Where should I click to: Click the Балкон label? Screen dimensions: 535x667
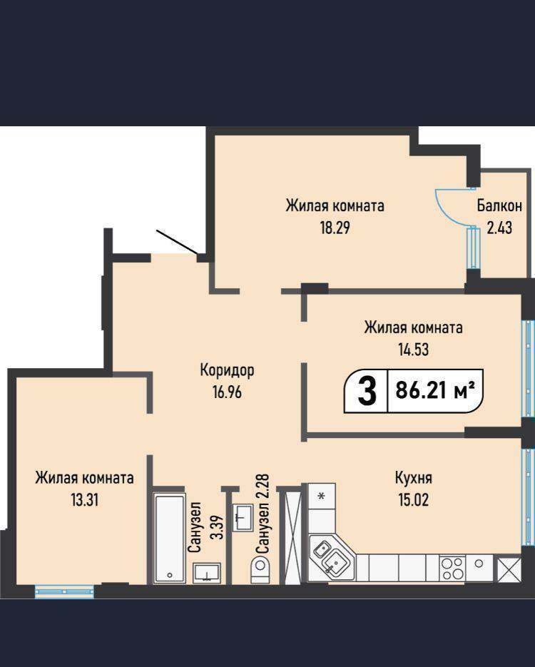pos(499,206)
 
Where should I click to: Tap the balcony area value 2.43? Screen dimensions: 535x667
pos(499,228)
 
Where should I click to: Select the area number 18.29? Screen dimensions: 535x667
pos(335,228)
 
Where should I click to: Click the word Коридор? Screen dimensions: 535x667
pos(227,370)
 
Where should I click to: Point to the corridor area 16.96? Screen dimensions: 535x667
pos(227,392)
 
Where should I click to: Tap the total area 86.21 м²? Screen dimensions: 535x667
pos(435,389)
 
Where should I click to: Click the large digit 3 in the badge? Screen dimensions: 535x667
pos(367,392)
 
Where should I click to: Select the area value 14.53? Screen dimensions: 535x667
pos(413,350)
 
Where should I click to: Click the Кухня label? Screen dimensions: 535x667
pos(413,478)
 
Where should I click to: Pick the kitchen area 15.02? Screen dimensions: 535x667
pos(413,500)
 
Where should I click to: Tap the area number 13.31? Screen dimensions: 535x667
pos(85,500)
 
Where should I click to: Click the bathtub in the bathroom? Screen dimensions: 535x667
pos(169,538)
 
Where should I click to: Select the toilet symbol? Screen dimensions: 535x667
pos(260,569)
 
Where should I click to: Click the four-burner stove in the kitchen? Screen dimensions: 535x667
pos(452,569)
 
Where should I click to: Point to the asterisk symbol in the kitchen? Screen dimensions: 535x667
pos(322,496)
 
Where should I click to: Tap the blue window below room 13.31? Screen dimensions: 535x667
pos(64,591)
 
